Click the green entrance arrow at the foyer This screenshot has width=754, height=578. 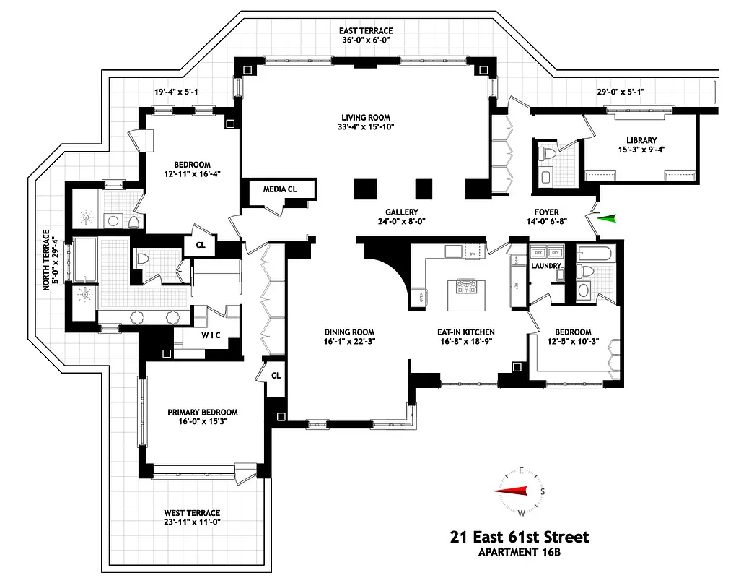610,218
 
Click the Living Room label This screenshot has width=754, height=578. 366,118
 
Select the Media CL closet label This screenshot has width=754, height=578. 279,189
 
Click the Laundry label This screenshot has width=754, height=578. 546,266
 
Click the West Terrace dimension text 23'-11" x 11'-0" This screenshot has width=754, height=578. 191,522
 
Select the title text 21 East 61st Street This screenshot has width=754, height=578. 519,538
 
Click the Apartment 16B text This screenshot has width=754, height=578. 520,553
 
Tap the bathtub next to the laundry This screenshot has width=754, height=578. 595,254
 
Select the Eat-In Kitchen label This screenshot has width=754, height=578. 465,332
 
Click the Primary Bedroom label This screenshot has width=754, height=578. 203,412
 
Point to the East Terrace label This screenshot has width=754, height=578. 367,31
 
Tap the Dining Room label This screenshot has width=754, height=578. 349,332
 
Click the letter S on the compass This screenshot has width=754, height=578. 542,491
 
